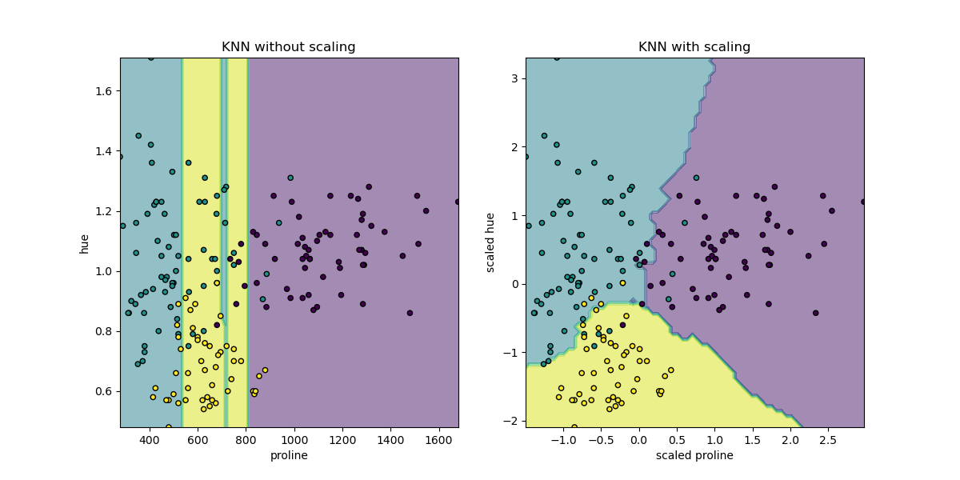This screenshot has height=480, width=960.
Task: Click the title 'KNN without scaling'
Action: [x=289, y=47]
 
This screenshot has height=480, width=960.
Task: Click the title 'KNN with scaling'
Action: [x=694, y=47]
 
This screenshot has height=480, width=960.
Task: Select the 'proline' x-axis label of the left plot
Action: [x=289, y=455]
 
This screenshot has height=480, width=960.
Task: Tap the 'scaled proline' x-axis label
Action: [x=694, y=455]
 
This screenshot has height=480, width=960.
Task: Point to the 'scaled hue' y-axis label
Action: [x=490, y=242]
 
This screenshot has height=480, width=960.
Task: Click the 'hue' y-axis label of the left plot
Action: [x=85, y=242]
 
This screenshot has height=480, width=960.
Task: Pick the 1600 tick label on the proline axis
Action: [x=438, y=440]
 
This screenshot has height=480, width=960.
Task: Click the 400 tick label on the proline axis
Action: [x=150, y=440]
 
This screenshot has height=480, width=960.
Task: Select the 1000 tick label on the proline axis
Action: [x=294, y=440]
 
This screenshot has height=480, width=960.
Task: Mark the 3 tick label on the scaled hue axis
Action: [x=516, y=78]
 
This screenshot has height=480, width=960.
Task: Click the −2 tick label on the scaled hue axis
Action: [x=513, y=421]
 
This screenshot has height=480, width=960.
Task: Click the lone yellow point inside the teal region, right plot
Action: [x=622, y=283]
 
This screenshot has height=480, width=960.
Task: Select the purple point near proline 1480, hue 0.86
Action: [x=410, y=313]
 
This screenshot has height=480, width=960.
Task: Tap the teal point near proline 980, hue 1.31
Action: [x=290, y=178]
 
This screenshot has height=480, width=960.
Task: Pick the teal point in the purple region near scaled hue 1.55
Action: [x=696, y=178]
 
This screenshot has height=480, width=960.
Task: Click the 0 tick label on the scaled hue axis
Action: [x=516, y=284]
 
